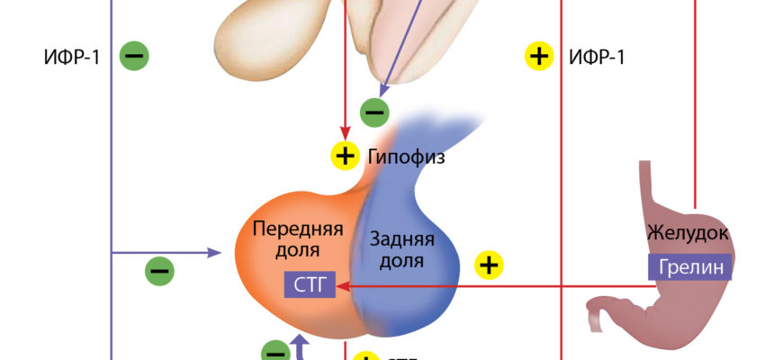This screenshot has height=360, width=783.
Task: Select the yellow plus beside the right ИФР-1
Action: coord(538,57)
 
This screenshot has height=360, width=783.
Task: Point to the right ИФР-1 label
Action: coord(597,57)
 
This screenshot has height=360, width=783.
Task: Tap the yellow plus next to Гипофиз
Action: coord(345,156)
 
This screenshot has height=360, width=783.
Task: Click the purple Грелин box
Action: coord(689,267)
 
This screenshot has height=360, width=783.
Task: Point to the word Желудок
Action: coord(688,235)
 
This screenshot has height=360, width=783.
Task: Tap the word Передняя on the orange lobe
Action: coord(298,227)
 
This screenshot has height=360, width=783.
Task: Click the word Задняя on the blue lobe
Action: coord(402,240)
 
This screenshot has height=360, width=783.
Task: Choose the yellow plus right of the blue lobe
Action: coord(488,265)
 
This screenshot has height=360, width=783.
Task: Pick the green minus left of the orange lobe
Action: coord(159,268)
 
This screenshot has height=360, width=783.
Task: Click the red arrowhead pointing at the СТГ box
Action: coord(344,286)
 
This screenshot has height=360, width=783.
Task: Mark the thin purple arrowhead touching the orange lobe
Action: coord(216,253)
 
